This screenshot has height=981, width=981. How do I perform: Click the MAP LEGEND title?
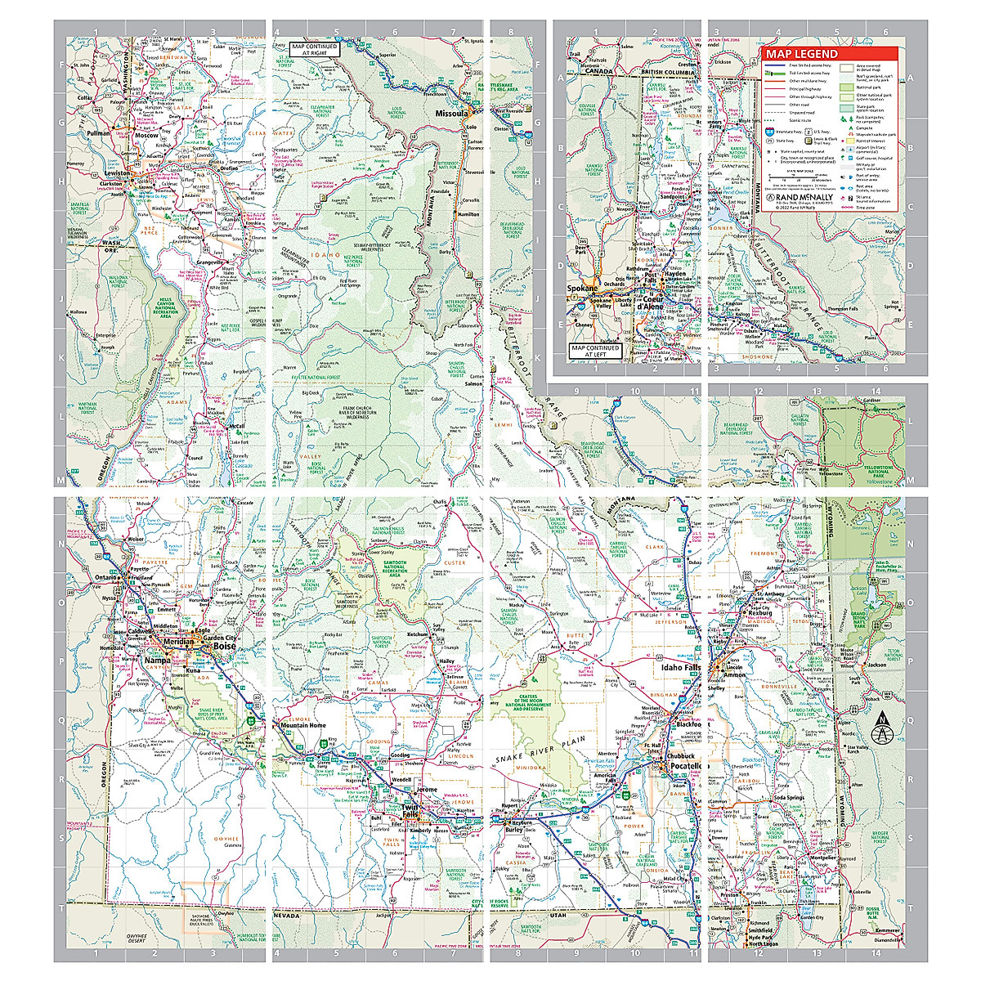click(801, 54)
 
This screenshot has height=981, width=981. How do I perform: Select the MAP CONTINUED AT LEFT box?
click(596, 352)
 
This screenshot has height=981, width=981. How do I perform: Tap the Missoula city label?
click(451, 114)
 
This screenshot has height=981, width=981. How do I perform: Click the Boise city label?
click(223, 647)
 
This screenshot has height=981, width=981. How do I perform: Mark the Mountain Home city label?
click(302, 725)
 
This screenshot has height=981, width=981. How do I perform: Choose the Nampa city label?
click(157, 661)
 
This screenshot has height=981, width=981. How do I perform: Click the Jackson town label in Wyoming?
click(876, 665)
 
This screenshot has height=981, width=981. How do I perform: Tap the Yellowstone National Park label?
click(878, 472)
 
